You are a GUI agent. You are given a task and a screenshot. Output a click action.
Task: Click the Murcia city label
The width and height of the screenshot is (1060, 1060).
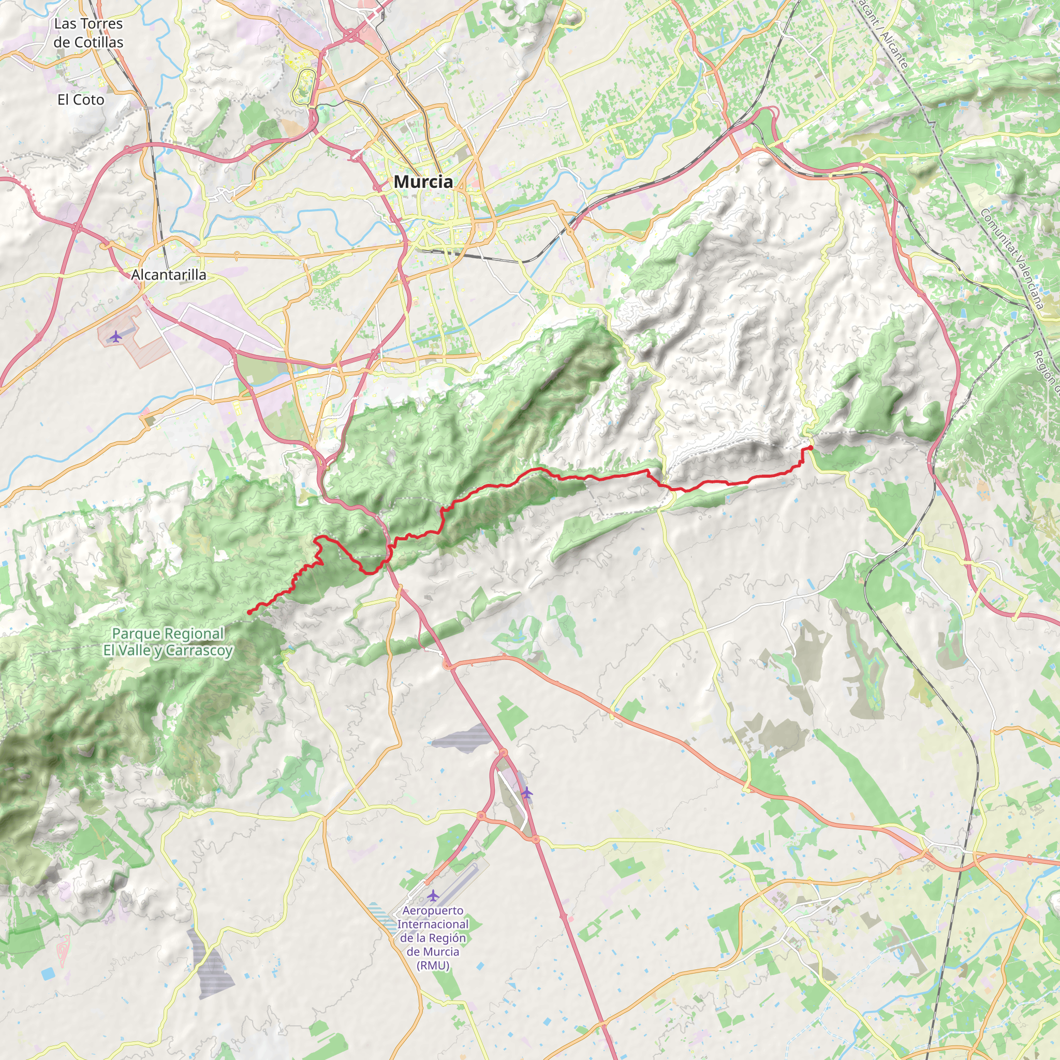point(423,182)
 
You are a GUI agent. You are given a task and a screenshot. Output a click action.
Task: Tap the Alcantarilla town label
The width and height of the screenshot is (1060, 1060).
point(168,275)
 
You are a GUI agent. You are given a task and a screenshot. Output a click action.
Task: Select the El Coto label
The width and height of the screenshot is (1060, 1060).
point(81,100)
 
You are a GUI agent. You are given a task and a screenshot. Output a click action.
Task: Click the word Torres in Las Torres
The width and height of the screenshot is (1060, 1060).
point(99,24)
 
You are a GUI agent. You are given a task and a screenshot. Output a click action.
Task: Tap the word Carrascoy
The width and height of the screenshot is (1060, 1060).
point(199,651)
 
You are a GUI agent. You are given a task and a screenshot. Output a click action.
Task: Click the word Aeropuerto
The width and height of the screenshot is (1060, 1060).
point(433,911)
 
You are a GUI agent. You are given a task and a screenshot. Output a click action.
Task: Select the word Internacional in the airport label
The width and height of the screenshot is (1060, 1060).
point(433,924)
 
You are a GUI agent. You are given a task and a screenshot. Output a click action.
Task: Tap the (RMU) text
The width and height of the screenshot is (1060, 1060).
point(433,966)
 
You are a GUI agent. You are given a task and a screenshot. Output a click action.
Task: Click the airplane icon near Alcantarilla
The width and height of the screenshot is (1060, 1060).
point(115,336)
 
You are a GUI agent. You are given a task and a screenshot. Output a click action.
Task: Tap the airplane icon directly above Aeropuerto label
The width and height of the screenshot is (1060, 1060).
point(433,896)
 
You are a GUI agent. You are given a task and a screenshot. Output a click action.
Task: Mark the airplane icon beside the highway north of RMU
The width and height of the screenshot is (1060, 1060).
point(527,792)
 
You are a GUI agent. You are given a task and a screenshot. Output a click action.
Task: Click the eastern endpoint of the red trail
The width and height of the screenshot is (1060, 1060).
point(811,448)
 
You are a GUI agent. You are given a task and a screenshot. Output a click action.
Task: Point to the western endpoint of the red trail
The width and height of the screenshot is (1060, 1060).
point(249,612)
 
